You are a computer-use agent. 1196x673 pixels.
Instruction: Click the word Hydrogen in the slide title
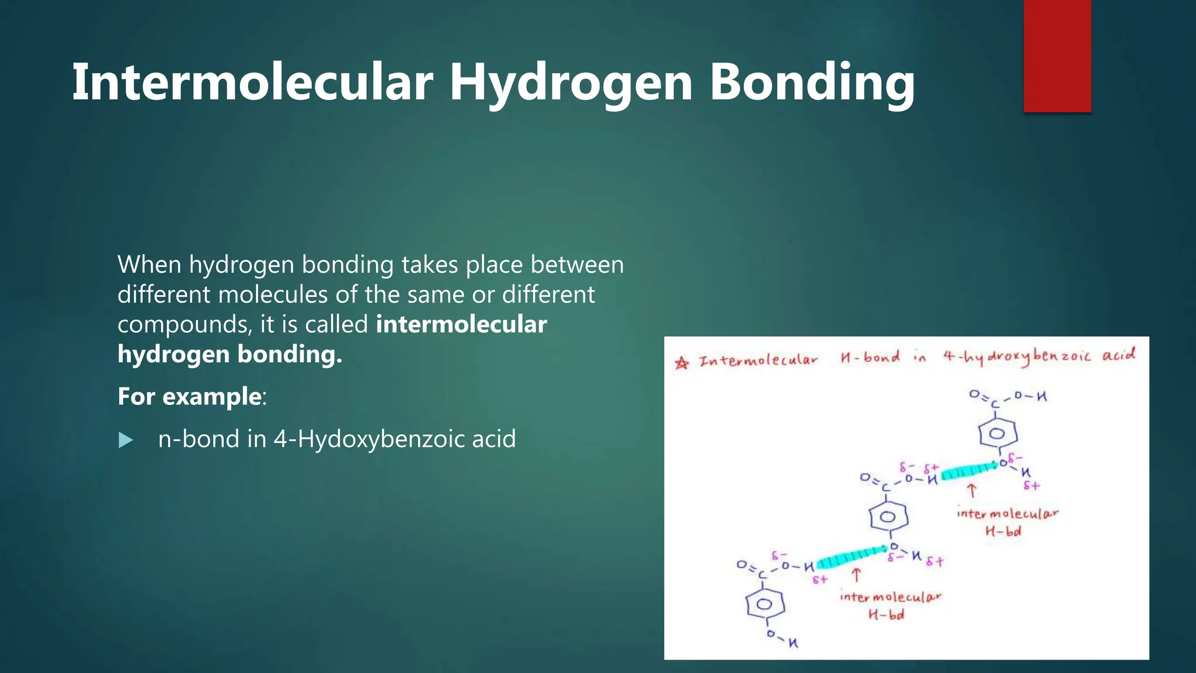click(x=571, y=83)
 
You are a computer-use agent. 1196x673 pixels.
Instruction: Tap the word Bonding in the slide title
click(x=812, y=83)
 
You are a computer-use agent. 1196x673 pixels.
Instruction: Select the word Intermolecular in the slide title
click(x=252, y=83)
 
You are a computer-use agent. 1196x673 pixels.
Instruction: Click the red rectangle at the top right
click(x=1057, y=55)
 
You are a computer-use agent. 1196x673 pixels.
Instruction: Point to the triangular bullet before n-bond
click(x=126, y=440)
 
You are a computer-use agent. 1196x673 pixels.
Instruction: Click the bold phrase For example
click(x=190, y=396)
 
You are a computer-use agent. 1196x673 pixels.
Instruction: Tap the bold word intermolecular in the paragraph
click(x=461, y=324)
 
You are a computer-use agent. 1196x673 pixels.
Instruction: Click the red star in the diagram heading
click(x=682, y=363)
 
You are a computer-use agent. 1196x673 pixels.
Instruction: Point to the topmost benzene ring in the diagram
click(x=997, y=433)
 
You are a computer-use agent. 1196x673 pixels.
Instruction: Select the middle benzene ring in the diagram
click(x=888, y=516)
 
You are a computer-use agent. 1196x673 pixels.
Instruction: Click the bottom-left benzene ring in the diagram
click(x=764, y=604)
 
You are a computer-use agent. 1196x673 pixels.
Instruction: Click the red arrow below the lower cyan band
click(x=856, y=575)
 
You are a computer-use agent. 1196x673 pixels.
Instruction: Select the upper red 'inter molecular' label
click(x=1007, y=514)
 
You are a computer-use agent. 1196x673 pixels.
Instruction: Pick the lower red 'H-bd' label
click(x=886, y=615)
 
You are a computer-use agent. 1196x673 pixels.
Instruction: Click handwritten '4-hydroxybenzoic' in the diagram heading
click(x=1017, y=356)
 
